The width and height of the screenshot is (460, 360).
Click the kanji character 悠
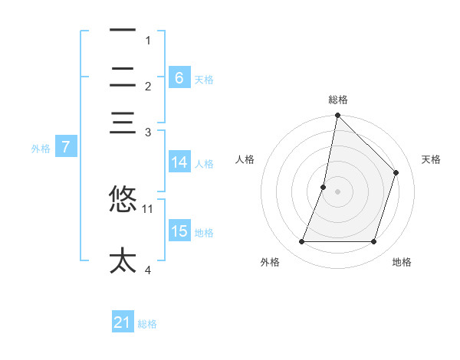pyautogui.click(x=123, y=198)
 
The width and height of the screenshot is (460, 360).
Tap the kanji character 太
pyautogui.click(x=123, y=260)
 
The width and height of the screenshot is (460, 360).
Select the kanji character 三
pyautogui.click(x=123, y=123)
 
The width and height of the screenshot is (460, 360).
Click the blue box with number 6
pyautogui.click(x=179, y=77)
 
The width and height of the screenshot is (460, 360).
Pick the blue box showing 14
pyautogui.click(x=179, y=162)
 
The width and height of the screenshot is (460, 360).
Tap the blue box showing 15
pyautogui.click(x=179, y=231)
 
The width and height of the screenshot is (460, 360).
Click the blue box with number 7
pyautogui.click(x=65, y=147)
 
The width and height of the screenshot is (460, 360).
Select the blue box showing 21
pyautogui.click(x=122, y=322)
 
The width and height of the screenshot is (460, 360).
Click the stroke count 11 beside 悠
pyautogui.click(x=148, y=208)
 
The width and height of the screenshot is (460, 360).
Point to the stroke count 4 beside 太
pyautogui.click(x=147, y=270)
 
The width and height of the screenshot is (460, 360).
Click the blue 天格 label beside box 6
pyautogui.click(x=203, y=79)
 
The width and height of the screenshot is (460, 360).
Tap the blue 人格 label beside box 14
pyautogui.click(x=203, y=163)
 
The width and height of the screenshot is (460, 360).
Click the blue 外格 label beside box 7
pyautogui.click(x=40, y=149)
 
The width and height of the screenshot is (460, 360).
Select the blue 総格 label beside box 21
pyautogui.click(x=147, y=324)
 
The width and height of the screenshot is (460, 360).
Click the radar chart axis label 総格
pyautogui.click(x=337, y=100)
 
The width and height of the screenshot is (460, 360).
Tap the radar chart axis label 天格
pyautogui.click(x=431, y=159)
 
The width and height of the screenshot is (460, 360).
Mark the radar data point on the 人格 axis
pyautogui.click(x=324, y=187)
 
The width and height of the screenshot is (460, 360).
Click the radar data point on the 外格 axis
pyautogui.click(x=301, y=242)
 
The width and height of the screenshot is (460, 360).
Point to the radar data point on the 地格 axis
pyautogui.click(x=373, y=242)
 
